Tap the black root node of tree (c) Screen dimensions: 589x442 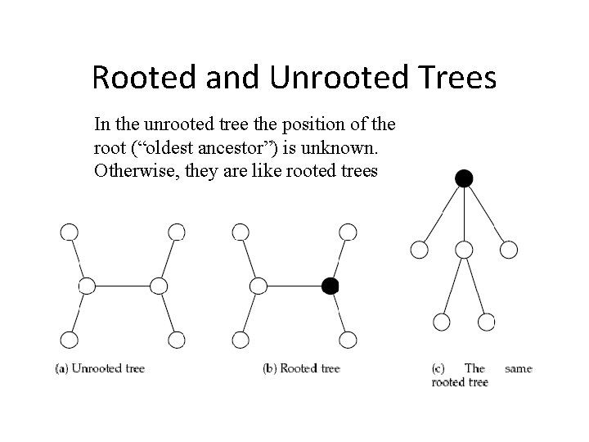point(464,178)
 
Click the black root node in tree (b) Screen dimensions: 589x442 point(330,286)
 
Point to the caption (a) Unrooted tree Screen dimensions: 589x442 point(100,368)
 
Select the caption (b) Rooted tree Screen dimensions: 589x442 point(301,368)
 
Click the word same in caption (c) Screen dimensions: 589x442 point(518,368)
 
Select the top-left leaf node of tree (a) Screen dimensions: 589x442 point(69,232)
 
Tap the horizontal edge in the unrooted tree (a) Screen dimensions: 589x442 point(123,286)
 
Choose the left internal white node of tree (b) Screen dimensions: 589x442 point(258,286)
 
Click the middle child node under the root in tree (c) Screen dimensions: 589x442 point(464,249)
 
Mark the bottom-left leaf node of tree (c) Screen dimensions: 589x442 point(442,322)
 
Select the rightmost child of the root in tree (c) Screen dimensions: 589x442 point(508,249)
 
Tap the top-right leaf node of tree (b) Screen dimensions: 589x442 point(348,232)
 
